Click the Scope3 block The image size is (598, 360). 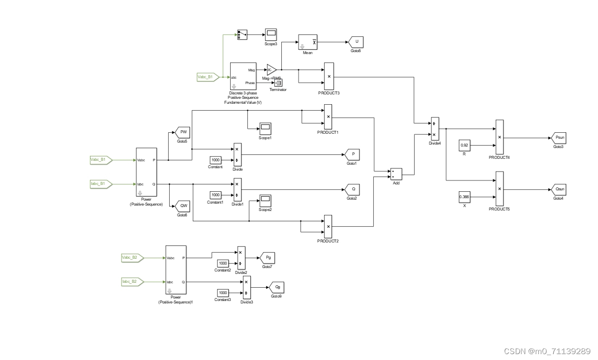[271, 34]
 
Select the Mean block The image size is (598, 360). [308, 42]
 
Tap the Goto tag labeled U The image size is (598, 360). [356, 42]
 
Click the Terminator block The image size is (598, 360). [278, 83]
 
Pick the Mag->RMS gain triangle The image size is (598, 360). [271, 70]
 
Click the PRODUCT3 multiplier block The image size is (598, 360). [329, 76]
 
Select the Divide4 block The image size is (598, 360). [434, 128]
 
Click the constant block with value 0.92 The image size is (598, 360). [465, 145]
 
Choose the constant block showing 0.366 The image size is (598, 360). [464, 197]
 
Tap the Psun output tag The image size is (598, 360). [559, 138]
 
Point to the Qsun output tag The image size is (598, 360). [559, 189]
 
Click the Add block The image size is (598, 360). [396, 174]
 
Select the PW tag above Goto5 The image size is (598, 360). [182, 132]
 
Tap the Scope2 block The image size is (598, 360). [266, 200]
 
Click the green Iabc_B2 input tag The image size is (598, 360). [132, 282]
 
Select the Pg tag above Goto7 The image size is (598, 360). [268, 258]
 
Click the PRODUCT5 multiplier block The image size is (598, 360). [500, 189]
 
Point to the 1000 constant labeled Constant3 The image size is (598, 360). [223, 293]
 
